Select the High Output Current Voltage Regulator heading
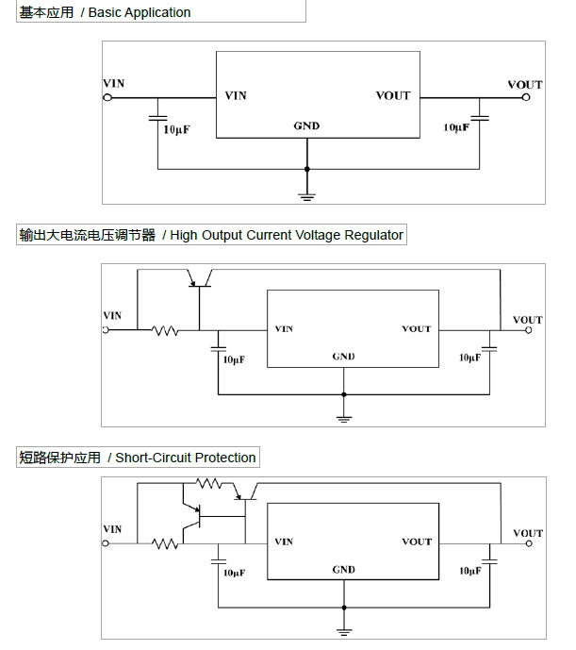(x=211, y=235)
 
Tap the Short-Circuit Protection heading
(x=138, y=458)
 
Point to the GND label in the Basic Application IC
(x=306, y=125)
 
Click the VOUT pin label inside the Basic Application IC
(x=393, y=95)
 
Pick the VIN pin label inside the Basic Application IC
(x=236, y=95)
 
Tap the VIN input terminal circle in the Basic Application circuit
(x=107, y=96)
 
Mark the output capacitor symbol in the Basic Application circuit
(x=480, y=118)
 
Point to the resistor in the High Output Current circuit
(x=167, y=330)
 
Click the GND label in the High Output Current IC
(x=344, y=357)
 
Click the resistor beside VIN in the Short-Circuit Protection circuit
(x=167, y=542)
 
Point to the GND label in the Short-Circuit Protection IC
(x=344, y=570)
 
